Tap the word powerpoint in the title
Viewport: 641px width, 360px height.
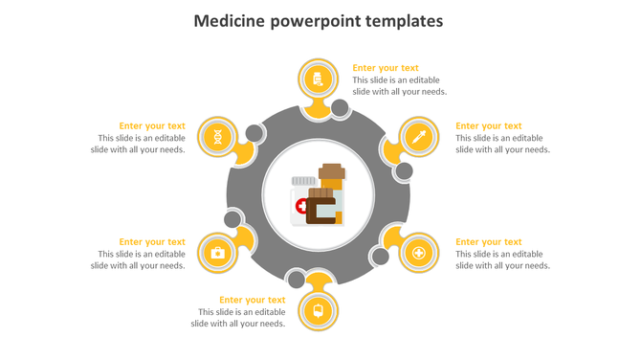[314, 21]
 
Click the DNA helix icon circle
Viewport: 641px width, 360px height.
[219, 137]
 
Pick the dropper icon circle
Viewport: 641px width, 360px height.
[418, 137]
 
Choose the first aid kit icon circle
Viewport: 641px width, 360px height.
[218, 253]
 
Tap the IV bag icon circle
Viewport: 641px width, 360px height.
[318, 310]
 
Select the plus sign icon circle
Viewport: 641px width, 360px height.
[418, 254]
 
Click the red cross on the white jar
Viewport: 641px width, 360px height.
[302, 206]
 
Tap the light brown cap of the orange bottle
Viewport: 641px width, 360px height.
[331, 171]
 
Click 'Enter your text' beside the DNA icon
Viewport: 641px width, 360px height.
[152, 125]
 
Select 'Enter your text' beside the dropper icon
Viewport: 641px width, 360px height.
[488, 125]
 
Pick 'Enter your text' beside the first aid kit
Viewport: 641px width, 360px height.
[152, 242]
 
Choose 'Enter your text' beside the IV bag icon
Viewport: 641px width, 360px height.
[252, 300]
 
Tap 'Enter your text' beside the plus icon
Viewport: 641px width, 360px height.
[488, 242]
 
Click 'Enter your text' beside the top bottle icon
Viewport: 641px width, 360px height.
[386, 68]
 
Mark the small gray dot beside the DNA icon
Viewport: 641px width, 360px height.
[254, 133]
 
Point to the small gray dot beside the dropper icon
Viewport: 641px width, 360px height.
[404, 171]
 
